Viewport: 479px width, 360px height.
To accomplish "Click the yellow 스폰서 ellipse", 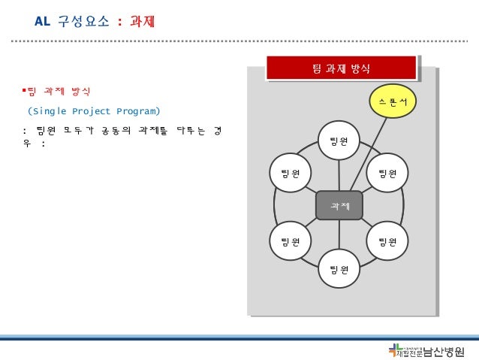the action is [x=393, y=100].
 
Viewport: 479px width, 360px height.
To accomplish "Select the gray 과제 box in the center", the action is [x=339, y=205].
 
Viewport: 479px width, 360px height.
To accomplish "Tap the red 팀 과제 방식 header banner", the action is [x=340, y=68].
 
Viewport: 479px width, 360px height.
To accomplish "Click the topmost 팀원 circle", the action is [x=339, y=140].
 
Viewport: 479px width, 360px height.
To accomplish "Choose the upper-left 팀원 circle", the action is [x=291, y=174].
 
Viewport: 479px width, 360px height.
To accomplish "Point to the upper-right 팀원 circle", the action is [x=387, y=174].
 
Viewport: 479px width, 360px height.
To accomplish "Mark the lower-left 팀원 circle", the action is [x=291, y=241].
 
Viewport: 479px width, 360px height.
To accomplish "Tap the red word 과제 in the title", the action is [x=143, y=22].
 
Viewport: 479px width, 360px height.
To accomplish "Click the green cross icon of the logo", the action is [x=395, y=349].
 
